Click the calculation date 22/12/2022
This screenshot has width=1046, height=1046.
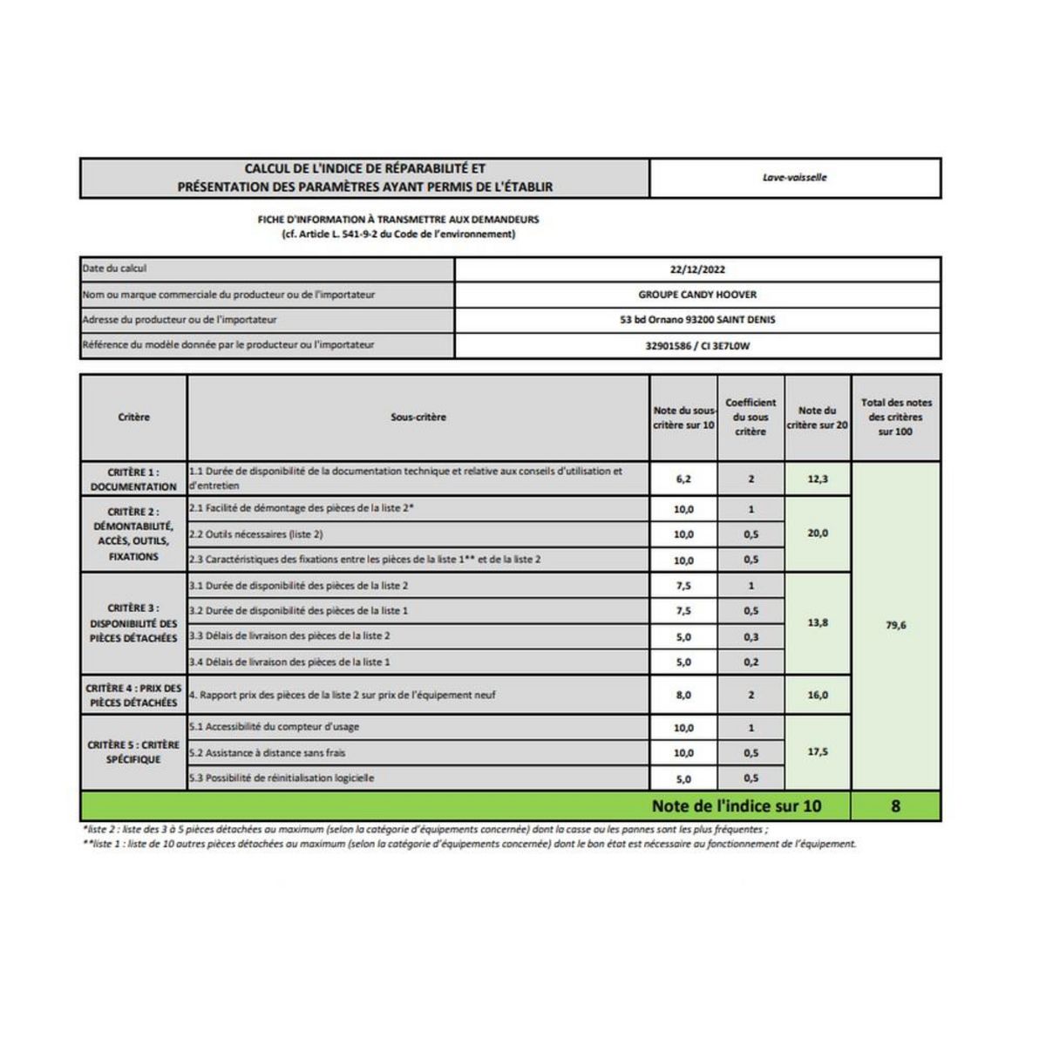pyautogui.click(x=697, y=270)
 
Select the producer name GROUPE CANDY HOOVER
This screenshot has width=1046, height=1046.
pyautogui.click(x=697, y=295)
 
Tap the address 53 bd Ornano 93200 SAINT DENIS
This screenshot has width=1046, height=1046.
pyautogui.click(x=697, y=320)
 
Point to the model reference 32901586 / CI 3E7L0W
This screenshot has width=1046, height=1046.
pyautogui.click(x=697, y=346)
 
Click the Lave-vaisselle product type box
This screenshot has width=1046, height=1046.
pyautogui.click(x=794, y=178)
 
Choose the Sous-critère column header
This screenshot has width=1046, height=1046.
pyautogui.click(x=418, y=418)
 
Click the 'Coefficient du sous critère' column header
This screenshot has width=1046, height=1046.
pyautogui.click(x=751, y=418)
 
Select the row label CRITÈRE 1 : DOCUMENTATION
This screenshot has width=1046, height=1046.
pyautogui.click(x=133, y=479)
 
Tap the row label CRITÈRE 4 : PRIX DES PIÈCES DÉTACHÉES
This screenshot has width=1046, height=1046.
pyautogui.click(x=133, y=696)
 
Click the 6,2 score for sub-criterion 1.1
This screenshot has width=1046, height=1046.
pyautogui.click(x=683, y=479)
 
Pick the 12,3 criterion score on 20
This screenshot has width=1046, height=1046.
pyautogui.click(x=818, y=479)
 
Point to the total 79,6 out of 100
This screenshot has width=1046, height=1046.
pyautogui.click(x=896, y=625)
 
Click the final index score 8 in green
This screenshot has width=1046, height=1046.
pyautogui.click(x=895, y=806)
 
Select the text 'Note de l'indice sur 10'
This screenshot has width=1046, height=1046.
pyautogui.click(x=737, y=806)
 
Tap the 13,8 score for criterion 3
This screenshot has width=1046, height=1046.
pyautogui.click(x=818, y=623)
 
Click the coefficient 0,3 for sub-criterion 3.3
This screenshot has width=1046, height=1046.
pyautogui.click(x=751, y=637)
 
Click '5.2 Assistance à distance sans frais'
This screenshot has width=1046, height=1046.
pyautogui.click(x=268, y=752)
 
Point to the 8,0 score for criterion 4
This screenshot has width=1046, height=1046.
pyautogui.click(x=683, y=696)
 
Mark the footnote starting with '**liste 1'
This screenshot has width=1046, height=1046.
pyautogui.click(x=469, y=844)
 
